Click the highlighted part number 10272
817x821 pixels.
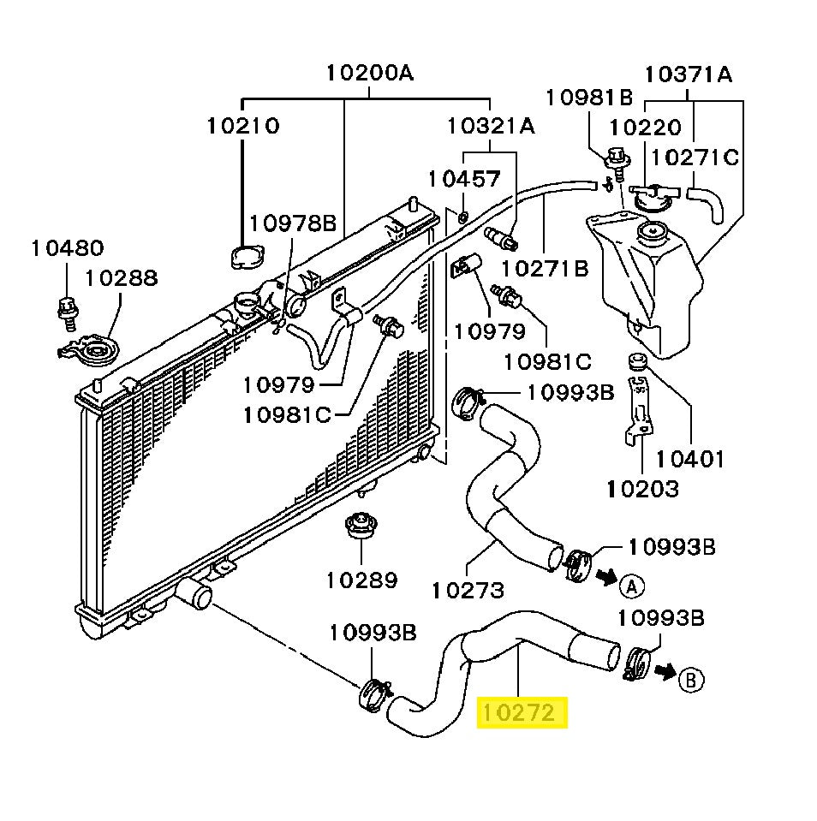(x=521, y=712)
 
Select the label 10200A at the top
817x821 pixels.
(x=369, y=73)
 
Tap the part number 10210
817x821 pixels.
(x=242, y=126)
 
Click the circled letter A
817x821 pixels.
(x=631, y=586)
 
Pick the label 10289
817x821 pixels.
(x=361, y=580)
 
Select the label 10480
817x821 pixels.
(x=67, y=248)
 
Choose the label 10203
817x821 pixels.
(x=642, y=489)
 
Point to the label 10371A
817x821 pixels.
(x=689, y=74)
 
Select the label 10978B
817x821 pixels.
(x=293, y=224)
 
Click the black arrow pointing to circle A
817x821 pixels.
(x=606, y=578)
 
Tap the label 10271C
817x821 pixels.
(x=695, y=157)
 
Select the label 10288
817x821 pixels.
(x=120, y=277)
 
